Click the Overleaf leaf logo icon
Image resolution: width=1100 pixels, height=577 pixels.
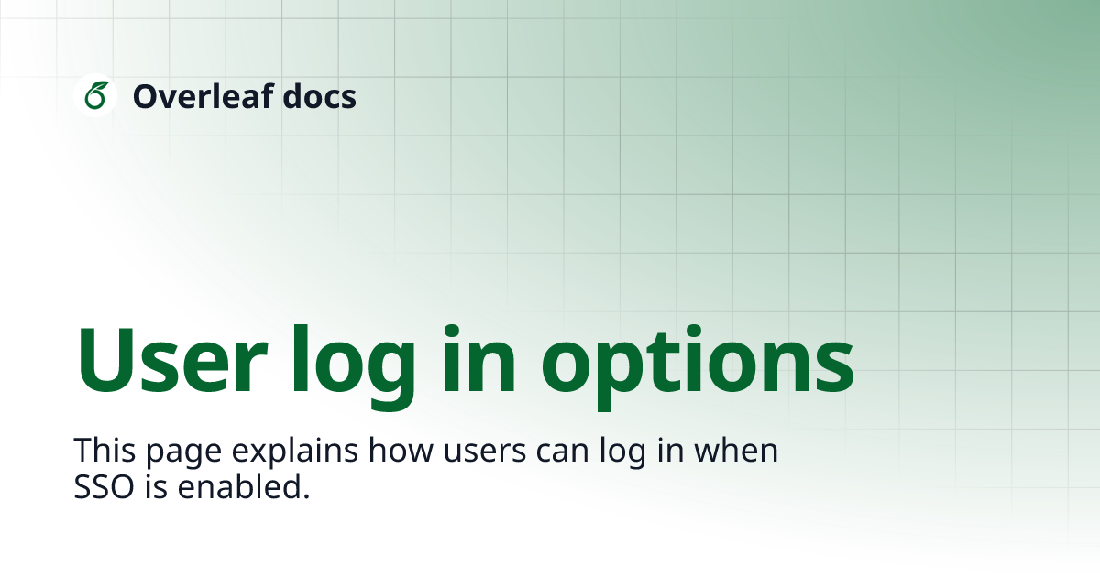pos(95,95)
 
